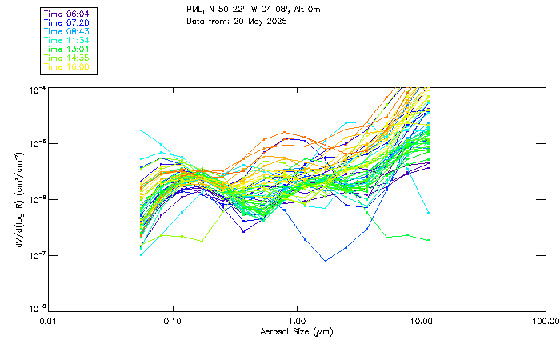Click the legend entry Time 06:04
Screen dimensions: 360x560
66,14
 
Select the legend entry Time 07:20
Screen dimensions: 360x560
66,22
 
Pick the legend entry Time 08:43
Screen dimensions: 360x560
66,31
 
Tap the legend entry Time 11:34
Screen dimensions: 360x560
66,40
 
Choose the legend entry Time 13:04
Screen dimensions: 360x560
66,49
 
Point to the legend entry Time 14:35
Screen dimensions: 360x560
66,58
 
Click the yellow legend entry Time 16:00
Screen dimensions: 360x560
66,66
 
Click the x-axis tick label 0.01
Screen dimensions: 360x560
49,321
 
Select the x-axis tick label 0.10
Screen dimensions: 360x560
173,321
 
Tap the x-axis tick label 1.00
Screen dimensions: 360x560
298,321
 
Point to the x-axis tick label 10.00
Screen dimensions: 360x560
422,321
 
